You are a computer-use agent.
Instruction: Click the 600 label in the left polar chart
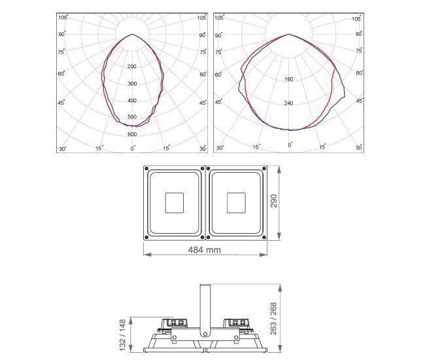coord(132,134)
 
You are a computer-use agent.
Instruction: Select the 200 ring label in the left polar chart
coord(131,67)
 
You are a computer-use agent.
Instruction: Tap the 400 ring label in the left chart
coord(132,100)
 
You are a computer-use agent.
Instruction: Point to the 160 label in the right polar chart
coord(288,79)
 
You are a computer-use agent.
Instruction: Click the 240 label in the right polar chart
coord(288,103)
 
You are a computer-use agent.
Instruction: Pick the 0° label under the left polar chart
coord(133,149)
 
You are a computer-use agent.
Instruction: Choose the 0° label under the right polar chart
coord(290,145)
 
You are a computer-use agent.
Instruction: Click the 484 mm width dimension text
coord(205,250)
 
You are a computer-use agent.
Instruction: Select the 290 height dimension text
coord(274,201)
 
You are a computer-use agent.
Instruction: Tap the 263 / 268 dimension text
coord(273,319)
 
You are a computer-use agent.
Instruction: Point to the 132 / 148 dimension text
coord(122,335)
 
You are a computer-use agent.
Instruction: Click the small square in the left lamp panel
coord(175,203)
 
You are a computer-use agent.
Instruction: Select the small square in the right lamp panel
coord(236,203)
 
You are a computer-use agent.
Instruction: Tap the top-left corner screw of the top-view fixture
coord(146,169)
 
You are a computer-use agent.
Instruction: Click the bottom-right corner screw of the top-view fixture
coord(264,238)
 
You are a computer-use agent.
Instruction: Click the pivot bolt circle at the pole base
coord(205,334)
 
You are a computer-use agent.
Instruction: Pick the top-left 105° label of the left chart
coord(63,18)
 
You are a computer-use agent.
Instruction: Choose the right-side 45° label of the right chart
coord(360,101)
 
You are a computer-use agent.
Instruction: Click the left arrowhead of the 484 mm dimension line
coord(147,255)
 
